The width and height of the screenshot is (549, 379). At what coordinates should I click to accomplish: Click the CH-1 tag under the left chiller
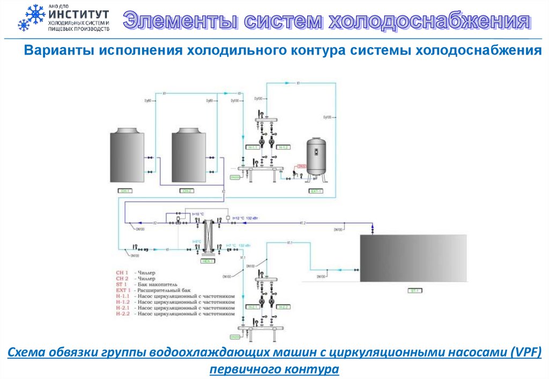(125, 191)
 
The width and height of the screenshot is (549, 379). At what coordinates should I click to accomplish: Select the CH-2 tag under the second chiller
(187, 191)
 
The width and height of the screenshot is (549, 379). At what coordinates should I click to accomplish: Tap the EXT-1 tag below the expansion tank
(316, 191)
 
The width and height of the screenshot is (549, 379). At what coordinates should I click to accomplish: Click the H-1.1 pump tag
(253, 147)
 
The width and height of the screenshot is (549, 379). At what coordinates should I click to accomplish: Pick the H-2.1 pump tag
(253, 307)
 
